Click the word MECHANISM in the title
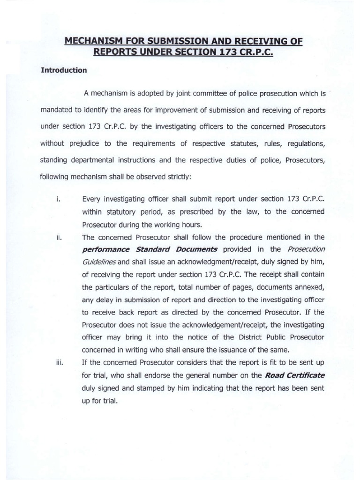click(x=90, y=42)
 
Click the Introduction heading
click(x=64, y=71)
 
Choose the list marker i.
click(x=57, y=199)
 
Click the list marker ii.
click(x=58, y=238)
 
